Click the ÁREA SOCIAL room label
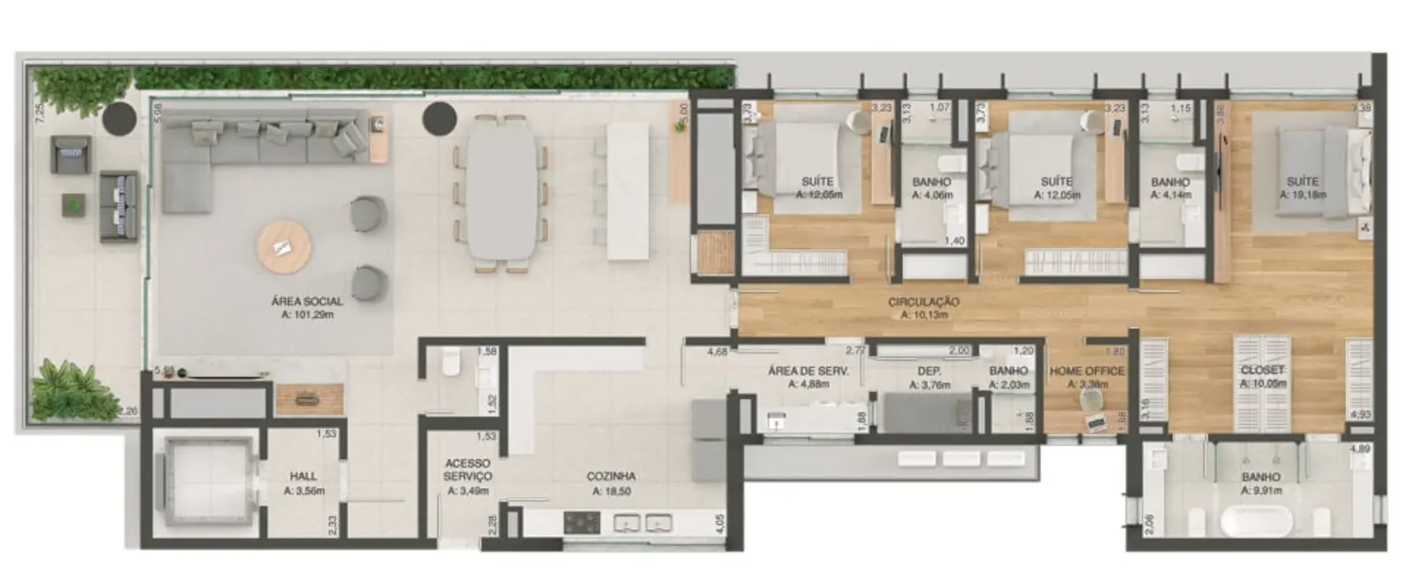(306, 302)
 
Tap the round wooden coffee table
(283, 247)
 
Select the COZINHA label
(611, 477)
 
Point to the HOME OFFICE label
(1087, 372)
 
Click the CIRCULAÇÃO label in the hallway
(924, 303)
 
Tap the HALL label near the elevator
(304, 477)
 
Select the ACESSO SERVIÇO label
(468, 470)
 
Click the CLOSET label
(1262, 371)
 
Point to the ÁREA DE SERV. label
(808, 372)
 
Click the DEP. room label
(928, 372)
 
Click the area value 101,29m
(306, 314)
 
